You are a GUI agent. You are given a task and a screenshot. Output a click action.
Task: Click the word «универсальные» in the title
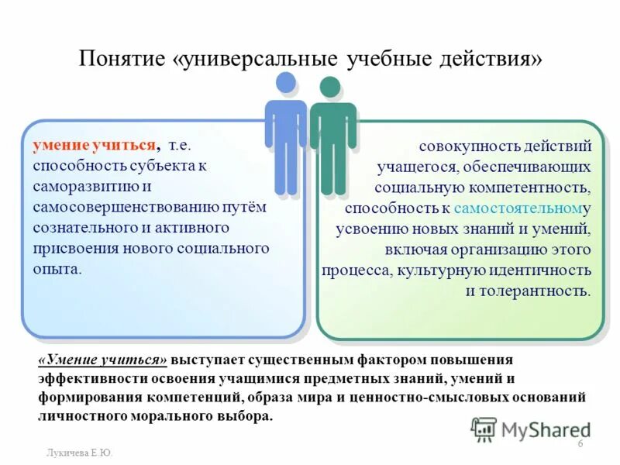(x=262, y=60)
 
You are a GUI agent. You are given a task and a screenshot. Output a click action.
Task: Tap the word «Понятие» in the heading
(x=126, y=60)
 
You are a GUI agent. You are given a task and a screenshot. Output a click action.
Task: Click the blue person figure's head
(x=285, y=83)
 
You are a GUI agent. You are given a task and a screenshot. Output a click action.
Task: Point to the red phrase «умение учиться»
(x=94, y=145)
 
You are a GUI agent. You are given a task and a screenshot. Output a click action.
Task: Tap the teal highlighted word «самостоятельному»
(x=518, y=208)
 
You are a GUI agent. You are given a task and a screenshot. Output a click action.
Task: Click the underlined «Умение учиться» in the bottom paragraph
(x=102, y=360)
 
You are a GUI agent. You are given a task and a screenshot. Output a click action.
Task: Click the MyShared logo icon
(x=484, y=429)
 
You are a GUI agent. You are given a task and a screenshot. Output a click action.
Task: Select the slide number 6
(x=580, y=443)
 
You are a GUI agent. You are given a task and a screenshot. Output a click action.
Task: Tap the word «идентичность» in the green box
(x=547, y=270)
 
